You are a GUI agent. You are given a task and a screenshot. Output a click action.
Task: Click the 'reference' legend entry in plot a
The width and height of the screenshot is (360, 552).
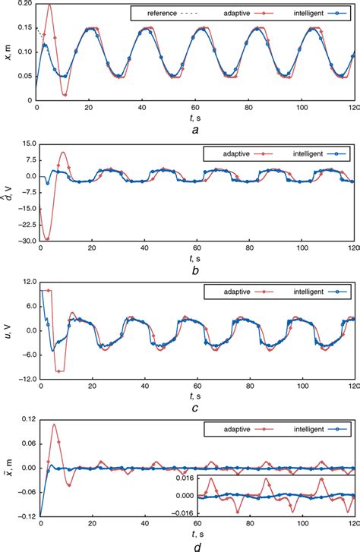coord(152,13)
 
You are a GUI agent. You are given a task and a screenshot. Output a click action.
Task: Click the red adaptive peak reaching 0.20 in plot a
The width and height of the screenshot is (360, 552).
coord(50,5)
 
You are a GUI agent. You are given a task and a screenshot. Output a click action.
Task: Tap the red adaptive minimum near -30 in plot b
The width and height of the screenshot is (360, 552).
coord(47,239)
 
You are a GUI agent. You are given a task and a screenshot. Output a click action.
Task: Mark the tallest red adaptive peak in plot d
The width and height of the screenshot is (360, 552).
coord(55,425)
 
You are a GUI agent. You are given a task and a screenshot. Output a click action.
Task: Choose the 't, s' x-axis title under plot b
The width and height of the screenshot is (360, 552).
coord(197,257)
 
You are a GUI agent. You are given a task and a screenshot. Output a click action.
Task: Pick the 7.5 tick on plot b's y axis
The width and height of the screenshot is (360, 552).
coord(24,159)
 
